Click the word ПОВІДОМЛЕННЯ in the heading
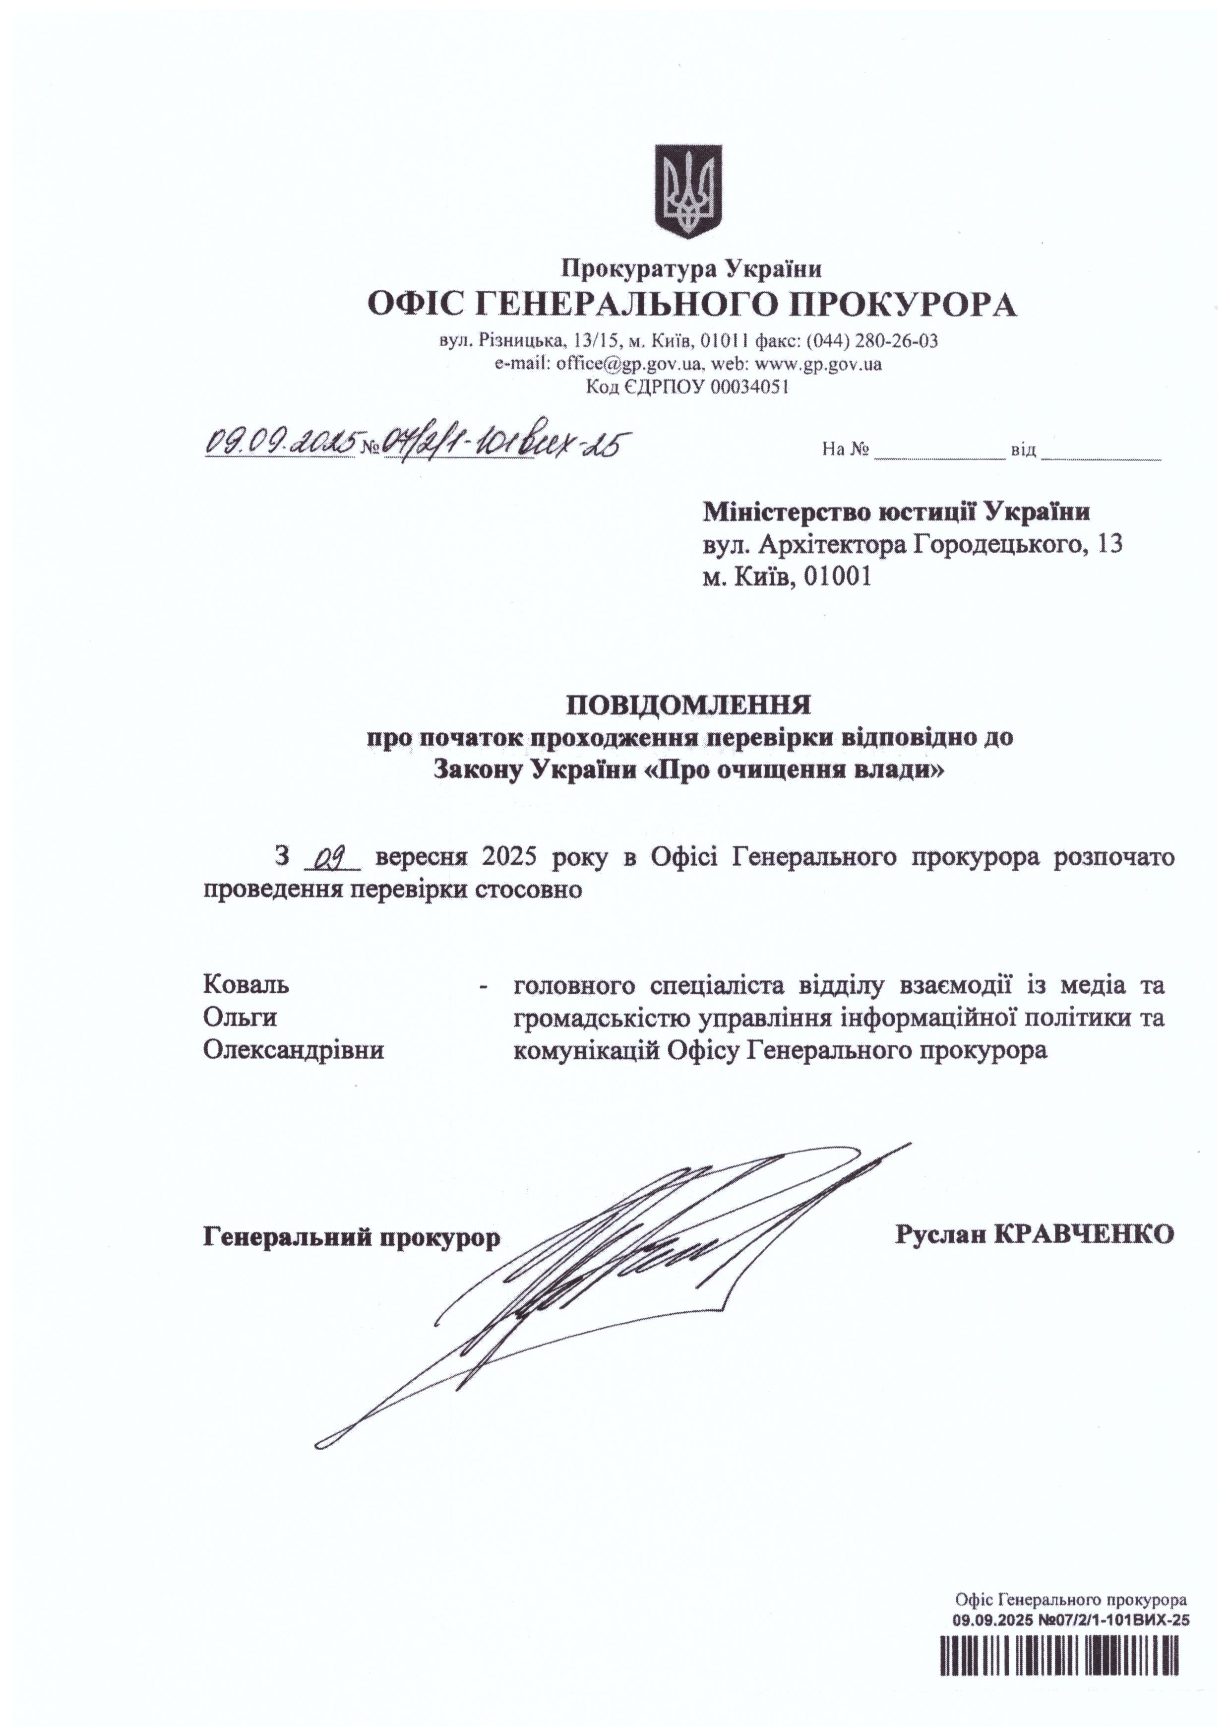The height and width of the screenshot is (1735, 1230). [689, 706]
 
